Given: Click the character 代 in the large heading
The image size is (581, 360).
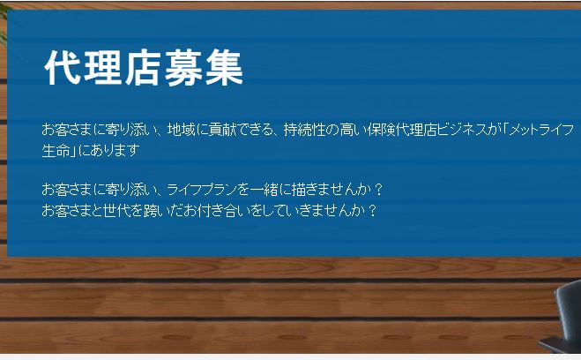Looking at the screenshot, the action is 63,67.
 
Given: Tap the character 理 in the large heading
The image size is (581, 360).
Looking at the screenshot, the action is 103,67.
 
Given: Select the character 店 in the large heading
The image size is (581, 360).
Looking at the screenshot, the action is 143,67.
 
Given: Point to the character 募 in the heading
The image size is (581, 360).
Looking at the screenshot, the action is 183,67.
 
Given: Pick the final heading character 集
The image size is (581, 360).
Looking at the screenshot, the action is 224,67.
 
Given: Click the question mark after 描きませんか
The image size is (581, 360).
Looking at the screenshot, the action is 378,190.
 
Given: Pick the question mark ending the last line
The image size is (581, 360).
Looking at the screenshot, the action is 373,210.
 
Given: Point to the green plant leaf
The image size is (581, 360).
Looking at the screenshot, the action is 4,22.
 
